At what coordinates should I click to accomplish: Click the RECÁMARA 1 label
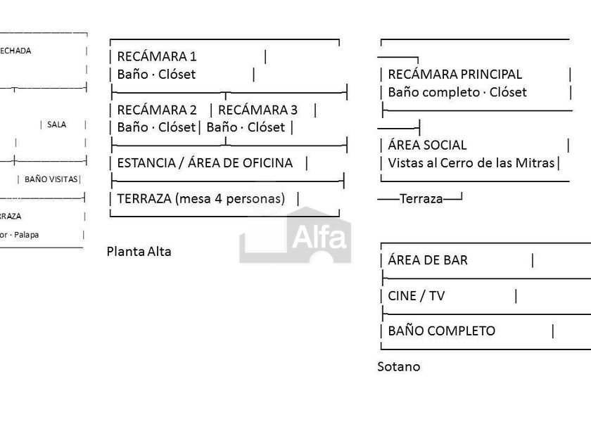[157, 56]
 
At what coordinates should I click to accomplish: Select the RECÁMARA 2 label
[157, 110]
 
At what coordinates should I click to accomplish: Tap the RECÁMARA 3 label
[258, 110]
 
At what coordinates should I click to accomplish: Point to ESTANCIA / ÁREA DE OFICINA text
[205, 162]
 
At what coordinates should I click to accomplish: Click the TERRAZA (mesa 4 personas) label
[201, 198]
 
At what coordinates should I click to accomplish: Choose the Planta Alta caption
[139, 251]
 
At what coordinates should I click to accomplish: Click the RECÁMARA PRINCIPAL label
[455, 74]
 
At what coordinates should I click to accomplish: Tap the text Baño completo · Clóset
[457, 92]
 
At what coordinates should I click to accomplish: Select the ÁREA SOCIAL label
[427, 145]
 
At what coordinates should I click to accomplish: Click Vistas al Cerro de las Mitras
[471, 163]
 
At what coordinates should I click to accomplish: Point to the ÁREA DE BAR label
[428, 259]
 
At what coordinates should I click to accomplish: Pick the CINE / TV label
[417, 295]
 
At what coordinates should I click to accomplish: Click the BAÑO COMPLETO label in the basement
[441, 330]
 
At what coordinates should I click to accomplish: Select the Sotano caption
[399, 366]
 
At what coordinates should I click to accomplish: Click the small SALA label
[57, 124]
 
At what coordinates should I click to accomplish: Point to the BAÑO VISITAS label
[51, 179]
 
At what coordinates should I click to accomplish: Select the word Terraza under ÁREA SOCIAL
[421, 198]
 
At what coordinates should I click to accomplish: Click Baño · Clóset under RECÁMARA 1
[156, 74]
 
